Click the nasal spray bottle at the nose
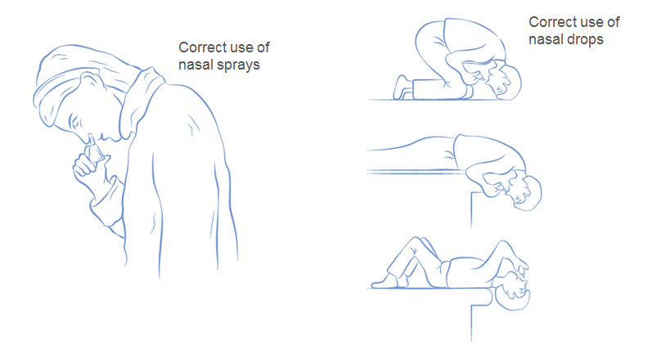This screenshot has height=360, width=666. point(94,149)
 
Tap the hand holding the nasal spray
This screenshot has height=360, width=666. point(87,166)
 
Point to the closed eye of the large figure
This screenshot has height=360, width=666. point(74,123)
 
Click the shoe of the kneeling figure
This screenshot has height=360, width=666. point(402,88)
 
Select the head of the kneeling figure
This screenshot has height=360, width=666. point(504,81)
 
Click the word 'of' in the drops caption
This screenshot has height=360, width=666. point(613,21)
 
